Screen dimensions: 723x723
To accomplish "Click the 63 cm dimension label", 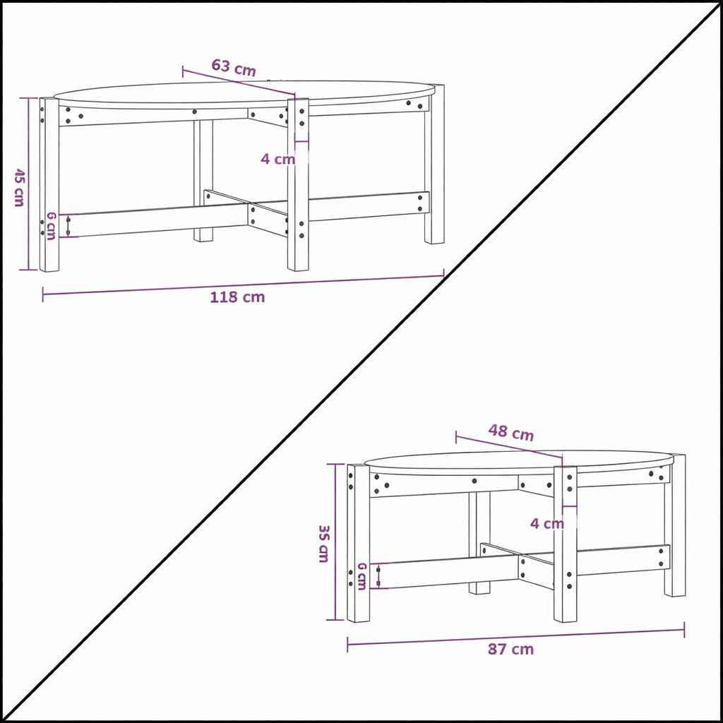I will [234, 68].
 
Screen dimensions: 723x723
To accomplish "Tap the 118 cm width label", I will [237, 297].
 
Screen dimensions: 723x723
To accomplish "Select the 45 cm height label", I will [19, 187].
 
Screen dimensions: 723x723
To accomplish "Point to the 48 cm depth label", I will [511, 433].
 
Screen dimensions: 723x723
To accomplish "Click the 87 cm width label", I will [510, 649].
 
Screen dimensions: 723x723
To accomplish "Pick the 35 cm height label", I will [323, 543].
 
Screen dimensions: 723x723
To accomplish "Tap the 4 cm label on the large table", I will [277, 159].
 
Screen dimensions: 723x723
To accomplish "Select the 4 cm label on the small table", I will [547, 523].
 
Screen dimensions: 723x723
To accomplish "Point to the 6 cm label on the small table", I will [361, 575].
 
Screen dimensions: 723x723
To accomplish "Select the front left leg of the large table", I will [49, 185].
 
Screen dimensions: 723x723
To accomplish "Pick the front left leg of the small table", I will [358, 543].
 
